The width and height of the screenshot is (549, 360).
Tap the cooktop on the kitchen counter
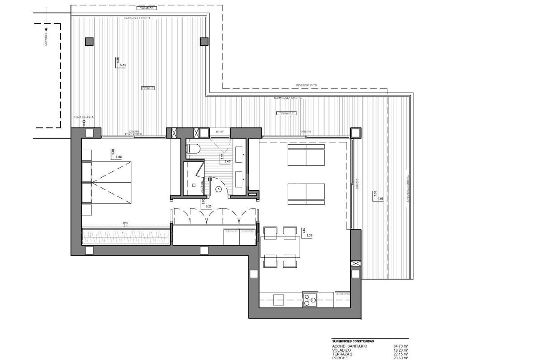tap(309, 300)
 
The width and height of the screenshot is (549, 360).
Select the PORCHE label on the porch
tap(148, 88)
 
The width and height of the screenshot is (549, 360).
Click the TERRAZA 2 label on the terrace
tap(286, 113)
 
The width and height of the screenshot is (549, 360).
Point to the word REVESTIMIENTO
tap(306, 85)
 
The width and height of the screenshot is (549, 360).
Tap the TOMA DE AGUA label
tap(84, 117)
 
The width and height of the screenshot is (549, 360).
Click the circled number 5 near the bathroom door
tap(218, 189)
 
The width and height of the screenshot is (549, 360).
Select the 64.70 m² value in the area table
tap(400, 346)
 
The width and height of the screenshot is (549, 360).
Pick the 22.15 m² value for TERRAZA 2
tap(400, 354)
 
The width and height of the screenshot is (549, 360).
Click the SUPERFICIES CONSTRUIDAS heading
tap(353, 341)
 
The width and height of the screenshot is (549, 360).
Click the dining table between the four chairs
tap(280, 246)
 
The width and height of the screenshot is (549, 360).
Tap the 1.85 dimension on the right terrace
tap(380, 199)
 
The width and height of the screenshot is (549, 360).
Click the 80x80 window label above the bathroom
tap(220, 131)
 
